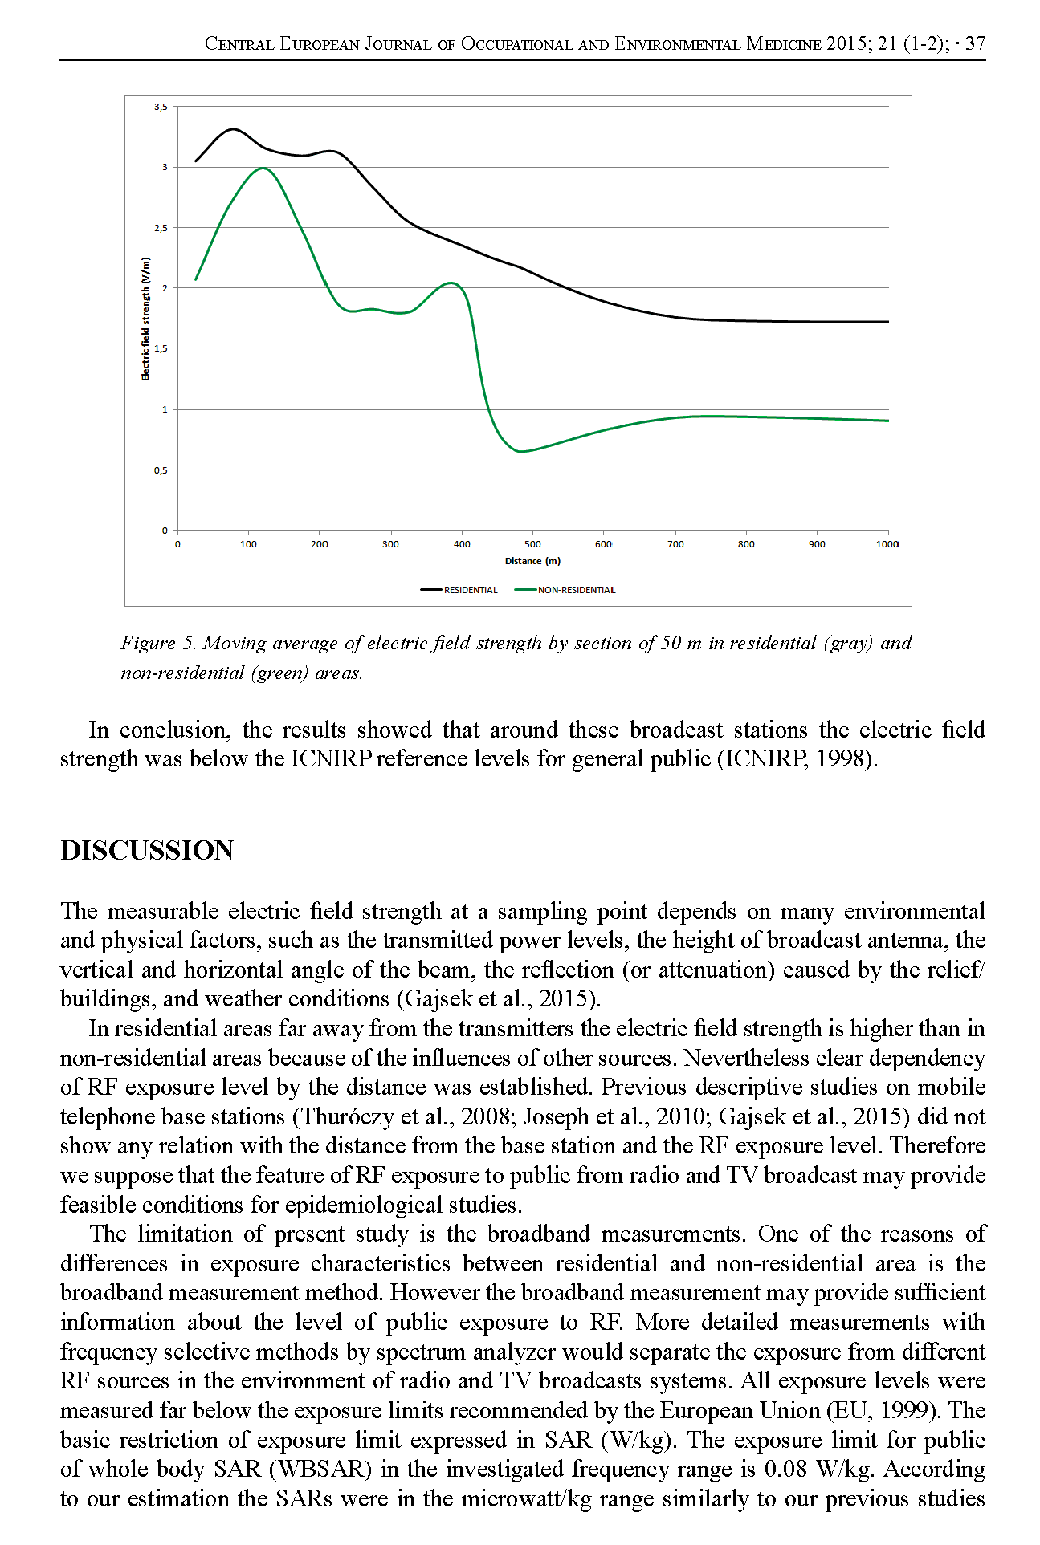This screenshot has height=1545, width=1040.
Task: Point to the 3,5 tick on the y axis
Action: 161,107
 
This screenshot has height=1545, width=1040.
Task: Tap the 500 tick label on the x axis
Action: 532,544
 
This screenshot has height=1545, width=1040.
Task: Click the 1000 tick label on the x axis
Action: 887,544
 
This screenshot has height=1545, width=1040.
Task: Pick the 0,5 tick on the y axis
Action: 161,470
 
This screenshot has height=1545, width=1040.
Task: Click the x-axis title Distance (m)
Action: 532,561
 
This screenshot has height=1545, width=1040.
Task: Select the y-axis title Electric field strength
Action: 145,319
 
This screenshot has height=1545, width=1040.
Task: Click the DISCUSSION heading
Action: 147,851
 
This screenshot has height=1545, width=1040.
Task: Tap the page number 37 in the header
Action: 975,43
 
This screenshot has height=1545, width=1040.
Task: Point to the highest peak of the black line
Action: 233,128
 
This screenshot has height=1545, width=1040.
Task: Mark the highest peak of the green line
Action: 263,168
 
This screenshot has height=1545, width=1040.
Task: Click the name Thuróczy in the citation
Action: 347,1116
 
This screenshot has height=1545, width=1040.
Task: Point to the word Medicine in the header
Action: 784,43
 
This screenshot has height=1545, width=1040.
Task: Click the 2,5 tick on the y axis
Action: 161,228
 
